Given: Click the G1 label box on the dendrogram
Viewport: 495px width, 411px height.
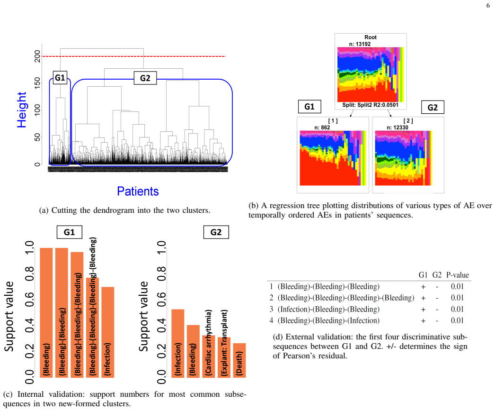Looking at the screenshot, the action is pyautogui.click(x=60, y=77).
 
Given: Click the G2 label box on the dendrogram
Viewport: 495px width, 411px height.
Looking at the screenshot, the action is pyautogui.click(x=145, y=78).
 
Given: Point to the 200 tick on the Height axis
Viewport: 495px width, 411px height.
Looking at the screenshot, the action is pyautogui.click(x=37, y=56).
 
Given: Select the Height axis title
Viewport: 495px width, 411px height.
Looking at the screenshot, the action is pyautogui.click(x=22, y=110).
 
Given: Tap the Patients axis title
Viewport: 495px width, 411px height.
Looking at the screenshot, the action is pyautogui.click(x=138, y=191).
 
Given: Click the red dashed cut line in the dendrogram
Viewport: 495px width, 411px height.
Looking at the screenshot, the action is pyautogui.click(x=134, y=56).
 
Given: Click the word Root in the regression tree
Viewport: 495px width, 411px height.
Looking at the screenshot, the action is pyautogui.click(x=370, y=37).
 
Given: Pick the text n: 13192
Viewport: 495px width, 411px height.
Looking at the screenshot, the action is pyautogui.click(x=360, y=44).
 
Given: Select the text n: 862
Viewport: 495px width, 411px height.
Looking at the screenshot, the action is pyautogui.click(x=322, y=128).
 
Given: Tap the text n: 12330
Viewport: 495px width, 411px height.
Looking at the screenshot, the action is pyautogui.click(x=398, y=128).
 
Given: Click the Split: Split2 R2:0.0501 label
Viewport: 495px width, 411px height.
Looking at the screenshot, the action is pyautogui.click(x=370, y=105).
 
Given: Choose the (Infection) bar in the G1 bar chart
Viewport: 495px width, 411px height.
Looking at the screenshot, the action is pyautogui.click(x=107, y=332).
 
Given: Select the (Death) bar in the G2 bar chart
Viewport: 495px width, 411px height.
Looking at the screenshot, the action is pyautogui.click(x=239, y=360).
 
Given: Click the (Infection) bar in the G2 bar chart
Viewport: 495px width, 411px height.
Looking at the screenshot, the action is pyautogui.click(x=178, y=343).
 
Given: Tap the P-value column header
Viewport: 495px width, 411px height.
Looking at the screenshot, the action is pyautogui.click(x=458, y=275).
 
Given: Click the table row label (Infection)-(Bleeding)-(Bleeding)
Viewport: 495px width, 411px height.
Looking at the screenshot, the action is pyautogui.click(x=328, y=309).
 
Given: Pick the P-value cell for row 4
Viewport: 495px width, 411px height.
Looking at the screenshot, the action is pyautogui.click(x=457, y=320).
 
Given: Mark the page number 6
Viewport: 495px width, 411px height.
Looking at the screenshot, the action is pyautogui.click(x=488, y=6).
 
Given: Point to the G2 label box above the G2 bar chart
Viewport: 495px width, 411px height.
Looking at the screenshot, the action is pyautogui.click(x=216, y=232).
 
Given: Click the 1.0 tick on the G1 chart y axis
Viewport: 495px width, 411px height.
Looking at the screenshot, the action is pyautogui.click(x=29, y=247).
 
